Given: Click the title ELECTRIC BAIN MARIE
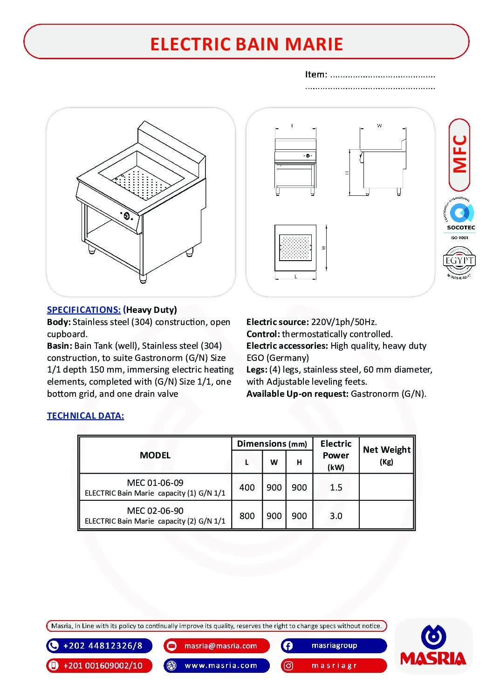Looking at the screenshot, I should pyautogui.click(x=246, y=44).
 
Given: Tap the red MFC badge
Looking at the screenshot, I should pyautogui.click(x=459, y=155).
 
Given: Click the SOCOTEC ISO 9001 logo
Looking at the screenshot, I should pyautogui.click(x=460, y=219).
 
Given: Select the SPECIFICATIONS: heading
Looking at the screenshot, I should pyautogui.click(x=84, y=310).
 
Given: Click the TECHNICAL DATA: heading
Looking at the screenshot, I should pyautogui.click(x=85, y=416).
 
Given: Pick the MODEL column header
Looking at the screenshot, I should pyautogui.click(x=155, y=455).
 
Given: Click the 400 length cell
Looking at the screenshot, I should pyautogui.click(x=246, y=487).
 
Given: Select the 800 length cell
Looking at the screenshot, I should pyautogui.click(x=246, y=516).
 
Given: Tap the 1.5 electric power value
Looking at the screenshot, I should pyautogui.click(x=336, y=487).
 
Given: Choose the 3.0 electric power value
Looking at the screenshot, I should pyautogui.click(x=336, y=516).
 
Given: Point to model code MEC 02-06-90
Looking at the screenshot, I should pyautogui.click(x=155, y=511).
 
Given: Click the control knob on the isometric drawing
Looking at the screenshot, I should pyautogui.click(x=126, y=215).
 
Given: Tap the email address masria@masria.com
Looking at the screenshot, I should pyautogui.click(x=220, y=646).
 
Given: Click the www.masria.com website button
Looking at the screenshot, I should pyautogui.click(x=221, y=665).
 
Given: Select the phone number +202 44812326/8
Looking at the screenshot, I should pyautogui.click(x=103, y=646).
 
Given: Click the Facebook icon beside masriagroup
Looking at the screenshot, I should pyautogui.click(x=288, y=646).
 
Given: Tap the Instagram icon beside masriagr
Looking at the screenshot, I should pyautogui.click(x=288, y=666).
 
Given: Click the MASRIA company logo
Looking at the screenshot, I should pyautogui.click(x=433, y=646).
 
